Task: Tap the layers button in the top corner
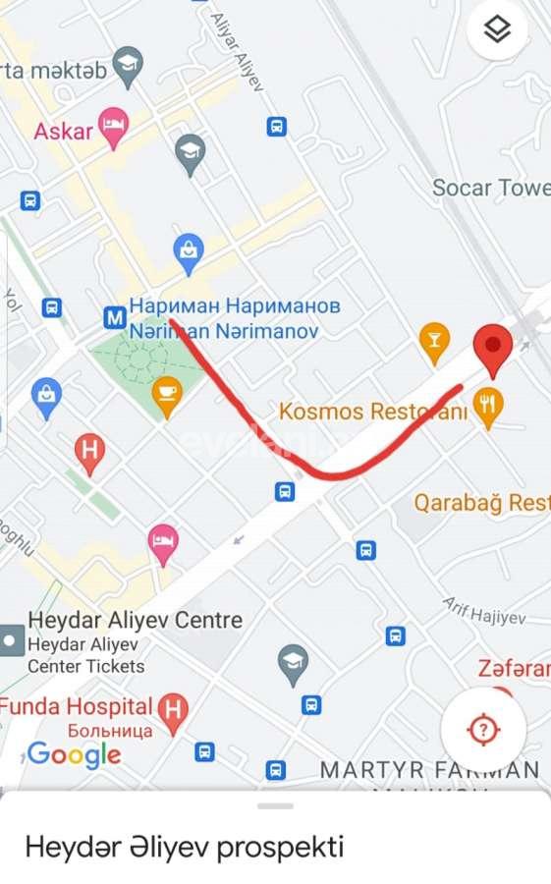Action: (x=498, y=30)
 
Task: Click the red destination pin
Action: (x=492, y=350)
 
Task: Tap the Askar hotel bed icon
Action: (x=114, y=126)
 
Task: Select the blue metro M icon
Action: (x=115, y=316)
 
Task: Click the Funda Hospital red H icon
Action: (x=173, y=709)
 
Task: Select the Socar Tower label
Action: (x=491, y=187)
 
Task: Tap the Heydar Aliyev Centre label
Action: (x=135, y=620)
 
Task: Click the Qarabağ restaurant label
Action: (x=481, y=503)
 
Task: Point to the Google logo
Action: (x=75, y=754)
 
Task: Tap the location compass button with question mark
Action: (x=483, y=729)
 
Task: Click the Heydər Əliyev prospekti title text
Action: (x=185, y=847)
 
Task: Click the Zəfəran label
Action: (x=514, y=669)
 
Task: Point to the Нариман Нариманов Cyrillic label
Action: (x=235, y=306)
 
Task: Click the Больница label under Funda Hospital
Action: (x=110, y=731)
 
